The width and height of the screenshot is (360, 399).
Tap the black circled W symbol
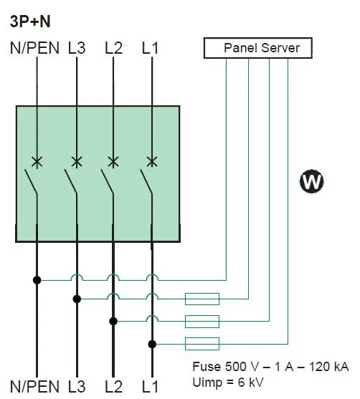[311, 182]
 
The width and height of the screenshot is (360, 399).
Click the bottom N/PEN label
[34, 388]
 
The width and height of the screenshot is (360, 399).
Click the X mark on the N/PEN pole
[37, 161]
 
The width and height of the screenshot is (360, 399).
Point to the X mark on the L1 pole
[151, 161]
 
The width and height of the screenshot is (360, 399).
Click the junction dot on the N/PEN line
[37, 279]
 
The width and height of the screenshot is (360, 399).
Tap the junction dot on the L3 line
[76, 299]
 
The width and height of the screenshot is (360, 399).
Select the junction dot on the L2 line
[113, 320]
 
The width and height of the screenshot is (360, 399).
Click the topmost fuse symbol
[202, 299]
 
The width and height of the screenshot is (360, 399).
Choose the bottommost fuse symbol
[202, 342]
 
